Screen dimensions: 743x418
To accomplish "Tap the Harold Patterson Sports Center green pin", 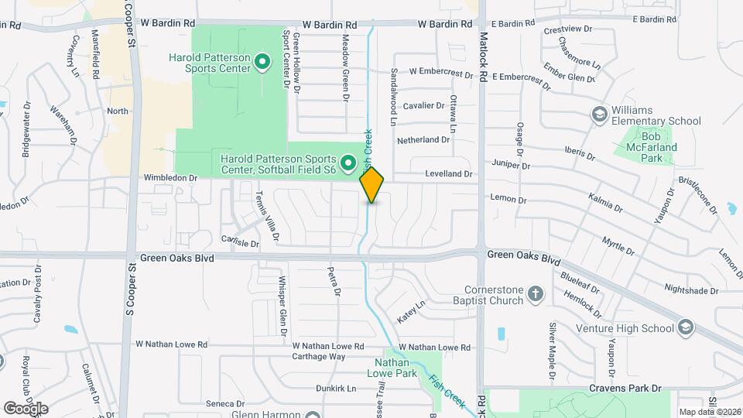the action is point(262,61).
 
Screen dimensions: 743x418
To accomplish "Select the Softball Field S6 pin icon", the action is point(348,163).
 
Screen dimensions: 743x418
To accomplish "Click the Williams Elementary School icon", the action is point(598,115).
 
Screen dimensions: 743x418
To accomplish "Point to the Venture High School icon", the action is point(684,327).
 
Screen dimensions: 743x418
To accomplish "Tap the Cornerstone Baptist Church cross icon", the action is point(536,294).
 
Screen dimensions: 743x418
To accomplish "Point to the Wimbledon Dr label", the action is point(171,177).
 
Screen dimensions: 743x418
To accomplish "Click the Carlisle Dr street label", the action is point(240,242).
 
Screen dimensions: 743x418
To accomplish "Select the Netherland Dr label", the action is point(423,140).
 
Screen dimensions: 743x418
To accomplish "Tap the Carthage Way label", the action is point(318,357).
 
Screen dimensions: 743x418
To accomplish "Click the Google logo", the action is point(26,408).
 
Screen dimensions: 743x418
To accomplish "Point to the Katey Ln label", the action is point(412,312).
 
